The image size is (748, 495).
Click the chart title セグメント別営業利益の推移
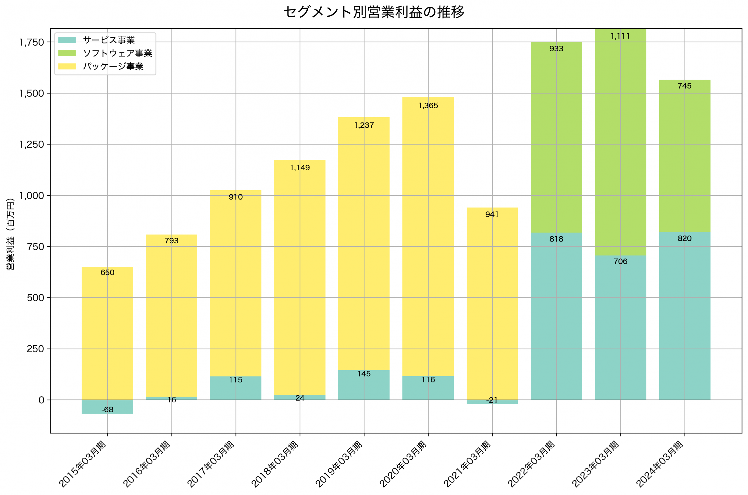click(x=374, y=12)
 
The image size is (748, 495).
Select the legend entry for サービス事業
click(x=108, y=40)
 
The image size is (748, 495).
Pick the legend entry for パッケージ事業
click(x=113, y=67)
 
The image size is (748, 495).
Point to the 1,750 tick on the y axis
click(x=32, y=42)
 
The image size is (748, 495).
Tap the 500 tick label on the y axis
click(x=35, y=298)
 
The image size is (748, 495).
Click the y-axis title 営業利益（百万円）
click(x=11, y=234)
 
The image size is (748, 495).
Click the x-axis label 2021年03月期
click(x=467, y=464)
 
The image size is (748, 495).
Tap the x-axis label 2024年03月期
click(x=660, y=464)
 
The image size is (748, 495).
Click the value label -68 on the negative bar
click(x=107, y=410)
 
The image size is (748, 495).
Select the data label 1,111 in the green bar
click(x=620, y=36)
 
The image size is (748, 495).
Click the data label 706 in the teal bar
click(x=620, y=261)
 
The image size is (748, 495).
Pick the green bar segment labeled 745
click(x=685, y=158)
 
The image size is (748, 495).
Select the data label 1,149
click(x=300, y=168)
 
